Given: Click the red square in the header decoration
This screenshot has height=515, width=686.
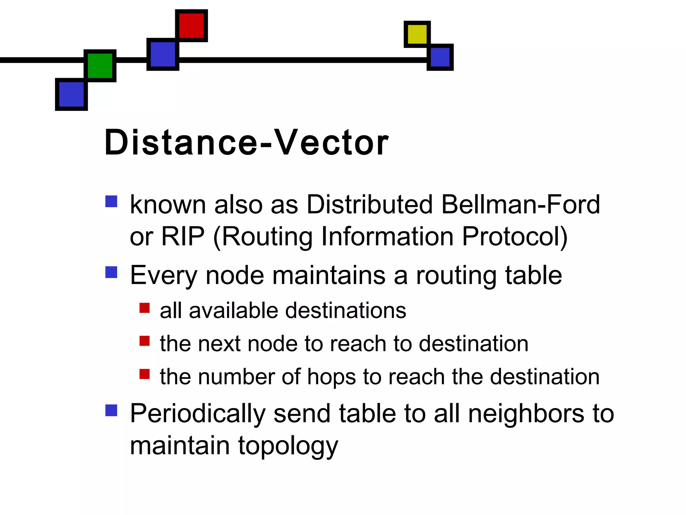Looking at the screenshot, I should pos(191,25).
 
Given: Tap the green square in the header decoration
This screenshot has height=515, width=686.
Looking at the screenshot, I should pos(100,66).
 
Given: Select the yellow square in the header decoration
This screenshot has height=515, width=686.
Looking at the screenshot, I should pos(417,34).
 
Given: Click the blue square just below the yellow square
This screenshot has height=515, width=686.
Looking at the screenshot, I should pos(440,57).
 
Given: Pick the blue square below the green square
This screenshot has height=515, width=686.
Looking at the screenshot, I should pos(71,95).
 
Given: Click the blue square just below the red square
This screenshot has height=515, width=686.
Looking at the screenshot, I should pos(163,54).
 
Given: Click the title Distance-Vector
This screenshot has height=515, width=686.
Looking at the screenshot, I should pos(246,143).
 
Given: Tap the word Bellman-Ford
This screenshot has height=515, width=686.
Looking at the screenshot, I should pos(520,205).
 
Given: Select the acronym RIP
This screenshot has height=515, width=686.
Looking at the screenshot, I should pos(183,237).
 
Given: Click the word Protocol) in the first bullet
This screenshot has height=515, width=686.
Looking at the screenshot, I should pos(515,237).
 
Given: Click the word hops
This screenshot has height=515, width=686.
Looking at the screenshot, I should pos(332,377).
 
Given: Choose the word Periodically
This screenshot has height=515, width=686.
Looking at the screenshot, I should pos(198,414).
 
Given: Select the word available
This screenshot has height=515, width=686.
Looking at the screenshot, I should pos(233,310).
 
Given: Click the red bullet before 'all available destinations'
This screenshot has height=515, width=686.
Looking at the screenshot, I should pos(144,308).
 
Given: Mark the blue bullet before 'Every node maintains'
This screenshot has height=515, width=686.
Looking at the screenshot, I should pos(111,272).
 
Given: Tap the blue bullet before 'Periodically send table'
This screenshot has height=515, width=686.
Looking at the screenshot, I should pos(111,410).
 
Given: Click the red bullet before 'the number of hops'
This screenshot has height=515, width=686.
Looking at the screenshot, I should pos(144,374).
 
